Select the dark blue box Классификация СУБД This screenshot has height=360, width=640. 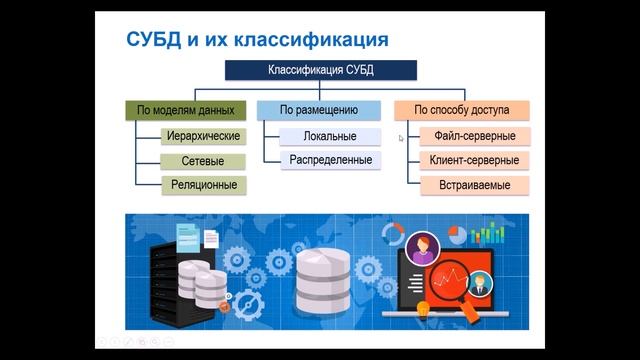click(321, 71)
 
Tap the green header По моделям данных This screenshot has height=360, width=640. click(186, 110)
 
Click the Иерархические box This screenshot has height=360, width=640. click(201, 135)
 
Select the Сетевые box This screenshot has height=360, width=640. click(201, 160)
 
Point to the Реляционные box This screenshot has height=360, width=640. click(201, 185)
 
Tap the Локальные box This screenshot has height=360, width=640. click(330, 135)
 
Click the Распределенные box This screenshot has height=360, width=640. click(330, 160)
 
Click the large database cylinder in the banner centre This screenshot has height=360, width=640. click(323, 279)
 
